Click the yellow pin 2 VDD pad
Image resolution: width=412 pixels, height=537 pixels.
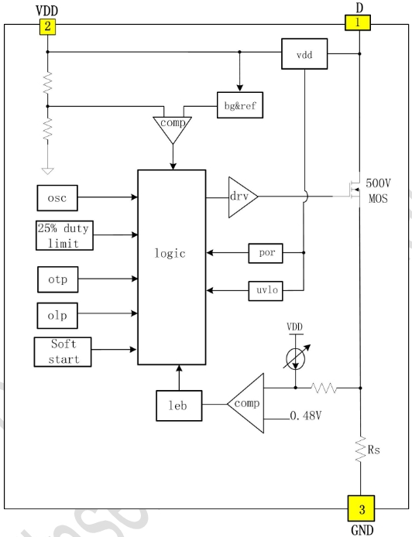(47, 26)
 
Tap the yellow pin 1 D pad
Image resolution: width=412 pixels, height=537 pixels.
(358, 22)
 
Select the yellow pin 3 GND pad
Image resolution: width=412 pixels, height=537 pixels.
(361, 508)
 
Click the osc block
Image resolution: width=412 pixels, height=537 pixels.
(57, 198)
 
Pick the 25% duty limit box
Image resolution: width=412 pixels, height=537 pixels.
(64, 235)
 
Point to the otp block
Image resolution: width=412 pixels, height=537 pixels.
(57, 279)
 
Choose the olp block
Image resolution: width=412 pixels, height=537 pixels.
(57, 316)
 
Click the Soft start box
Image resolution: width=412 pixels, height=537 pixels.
(63, 352)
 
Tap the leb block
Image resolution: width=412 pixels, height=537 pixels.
(179, 405)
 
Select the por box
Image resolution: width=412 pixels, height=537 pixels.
(266, 253)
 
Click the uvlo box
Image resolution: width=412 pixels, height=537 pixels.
(266, 290)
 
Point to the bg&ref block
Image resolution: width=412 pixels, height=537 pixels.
(240, 105)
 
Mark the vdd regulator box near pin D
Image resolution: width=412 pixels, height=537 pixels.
(304, 53)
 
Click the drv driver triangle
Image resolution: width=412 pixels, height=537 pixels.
(242, 197)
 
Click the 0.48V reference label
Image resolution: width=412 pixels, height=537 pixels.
(306, 416)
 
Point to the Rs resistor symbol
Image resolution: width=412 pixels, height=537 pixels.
(360, 450)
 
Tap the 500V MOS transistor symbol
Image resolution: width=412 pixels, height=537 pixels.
(353, 190)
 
